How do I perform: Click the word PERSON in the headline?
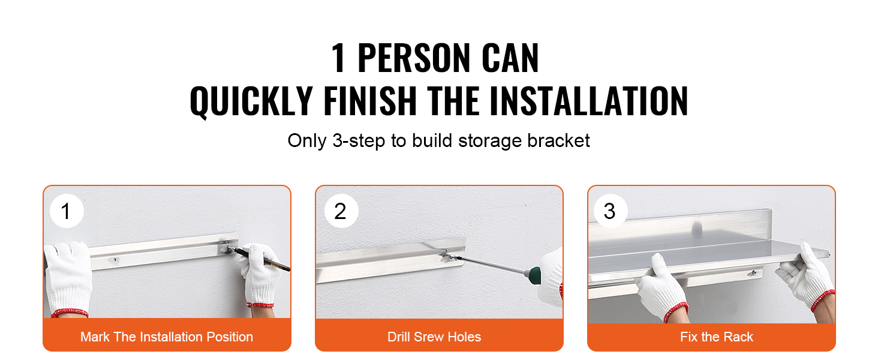tap(414, 58)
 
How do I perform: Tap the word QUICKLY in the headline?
tap(251, 101)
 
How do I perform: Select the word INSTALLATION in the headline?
tap(589, 101)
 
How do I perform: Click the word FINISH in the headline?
tap(370, 101)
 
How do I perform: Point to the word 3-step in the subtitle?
tap(358, 141)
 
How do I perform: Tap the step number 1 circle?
tap(67, 211)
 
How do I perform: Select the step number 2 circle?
tap(341, 211)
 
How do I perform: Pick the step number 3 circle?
tap(611, 211)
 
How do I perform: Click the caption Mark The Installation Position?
tap(167, 337)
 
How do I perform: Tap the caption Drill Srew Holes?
tap(434, 337)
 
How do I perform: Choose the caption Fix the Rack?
tap(717, 337)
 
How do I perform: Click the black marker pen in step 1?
tap(258, 258)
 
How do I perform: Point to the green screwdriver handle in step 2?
tap(533, 275)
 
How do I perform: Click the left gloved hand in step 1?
tap(67, 278)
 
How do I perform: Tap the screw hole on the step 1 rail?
tap(115, 260)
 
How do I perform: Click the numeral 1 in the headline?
tap(338, 58)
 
